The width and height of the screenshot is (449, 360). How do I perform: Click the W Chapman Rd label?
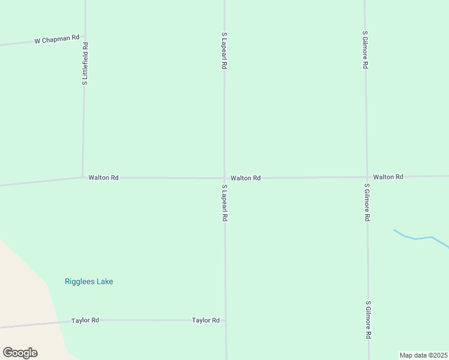pos(57,40)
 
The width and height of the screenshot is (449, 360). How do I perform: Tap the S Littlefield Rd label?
pos(85,63)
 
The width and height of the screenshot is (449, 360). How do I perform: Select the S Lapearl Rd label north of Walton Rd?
pos(224,51)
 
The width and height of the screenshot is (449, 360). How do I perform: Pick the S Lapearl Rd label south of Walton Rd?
pos(224,203)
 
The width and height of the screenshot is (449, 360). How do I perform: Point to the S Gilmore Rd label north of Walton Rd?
pos(364,50)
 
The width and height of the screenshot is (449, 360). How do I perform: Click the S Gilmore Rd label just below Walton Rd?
pos(366,202)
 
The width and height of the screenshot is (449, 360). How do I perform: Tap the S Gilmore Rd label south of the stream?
pos(368,320)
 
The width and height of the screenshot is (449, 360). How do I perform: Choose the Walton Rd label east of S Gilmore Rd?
pos(388,177)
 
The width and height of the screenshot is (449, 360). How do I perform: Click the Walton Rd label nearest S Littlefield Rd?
pos(103,178)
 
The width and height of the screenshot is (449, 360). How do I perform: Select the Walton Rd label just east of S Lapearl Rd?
pos(246,178)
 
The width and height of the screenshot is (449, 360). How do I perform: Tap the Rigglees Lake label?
pos(89,281)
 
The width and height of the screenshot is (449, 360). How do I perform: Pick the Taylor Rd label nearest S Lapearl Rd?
pos(206,320)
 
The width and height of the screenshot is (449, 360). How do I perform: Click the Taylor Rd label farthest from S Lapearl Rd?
pos(85,320)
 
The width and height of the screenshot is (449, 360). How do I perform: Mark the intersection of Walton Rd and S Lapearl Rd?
pos(224,178)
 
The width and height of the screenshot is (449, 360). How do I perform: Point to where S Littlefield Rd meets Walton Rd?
pos(83,177)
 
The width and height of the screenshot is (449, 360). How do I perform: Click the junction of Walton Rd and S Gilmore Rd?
pos(366,177)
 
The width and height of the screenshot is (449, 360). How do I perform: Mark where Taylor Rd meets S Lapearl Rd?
pos(226,320)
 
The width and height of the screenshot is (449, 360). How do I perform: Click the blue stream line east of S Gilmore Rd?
pos(423,238)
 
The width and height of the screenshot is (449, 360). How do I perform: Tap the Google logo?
pos(20,353)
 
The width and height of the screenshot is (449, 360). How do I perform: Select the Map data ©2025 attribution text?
pos(423,355)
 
